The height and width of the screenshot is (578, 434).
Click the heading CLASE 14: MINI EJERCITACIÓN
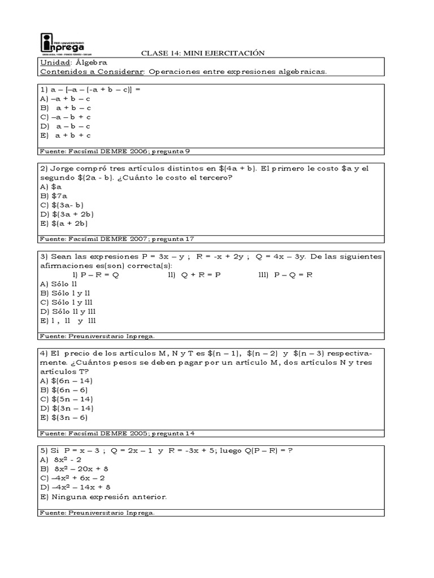coord(202,53)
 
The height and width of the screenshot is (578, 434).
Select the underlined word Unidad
coord(53,63)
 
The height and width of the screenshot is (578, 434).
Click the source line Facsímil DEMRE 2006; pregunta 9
coord(119,151)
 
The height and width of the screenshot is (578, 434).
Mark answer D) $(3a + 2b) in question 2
coord(67,214)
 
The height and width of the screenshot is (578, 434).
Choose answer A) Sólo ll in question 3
coord(58,283)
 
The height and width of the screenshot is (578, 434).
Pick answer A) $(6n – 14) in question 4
coord(67,380)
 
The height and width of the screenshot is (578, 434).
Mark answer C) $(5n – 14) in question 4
coord(67,399)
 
